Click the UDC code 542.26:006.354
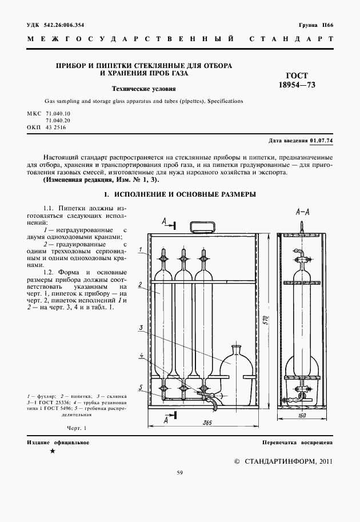[63, 25]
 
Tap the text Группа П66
[316, 25]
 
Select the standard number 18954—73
[297, 85]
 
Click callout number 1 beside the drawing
[139, 249]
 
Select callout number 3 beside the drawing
[139, 328]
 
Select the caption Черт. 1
[76, 428]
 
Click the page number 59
[179, 472]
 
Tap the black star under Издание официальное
[53, 452]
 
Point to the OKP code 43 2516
[57, 128]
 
